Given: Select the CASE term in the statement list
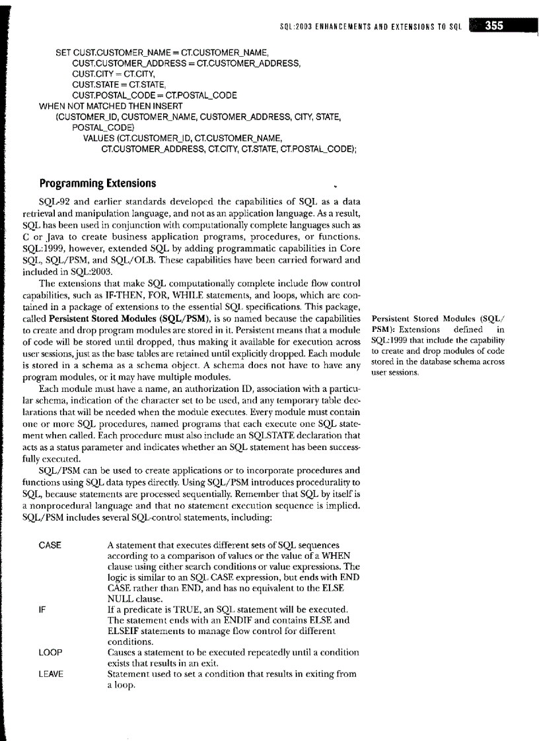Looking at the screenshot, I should tap(50, 545).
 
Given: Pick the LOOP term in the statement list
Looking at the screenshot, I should tap(50, 652).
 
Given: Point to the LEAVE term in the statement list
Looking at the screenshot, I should tap(52, 674).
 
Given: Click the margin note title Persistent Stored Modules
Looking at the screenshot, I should tap(429, 320).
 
